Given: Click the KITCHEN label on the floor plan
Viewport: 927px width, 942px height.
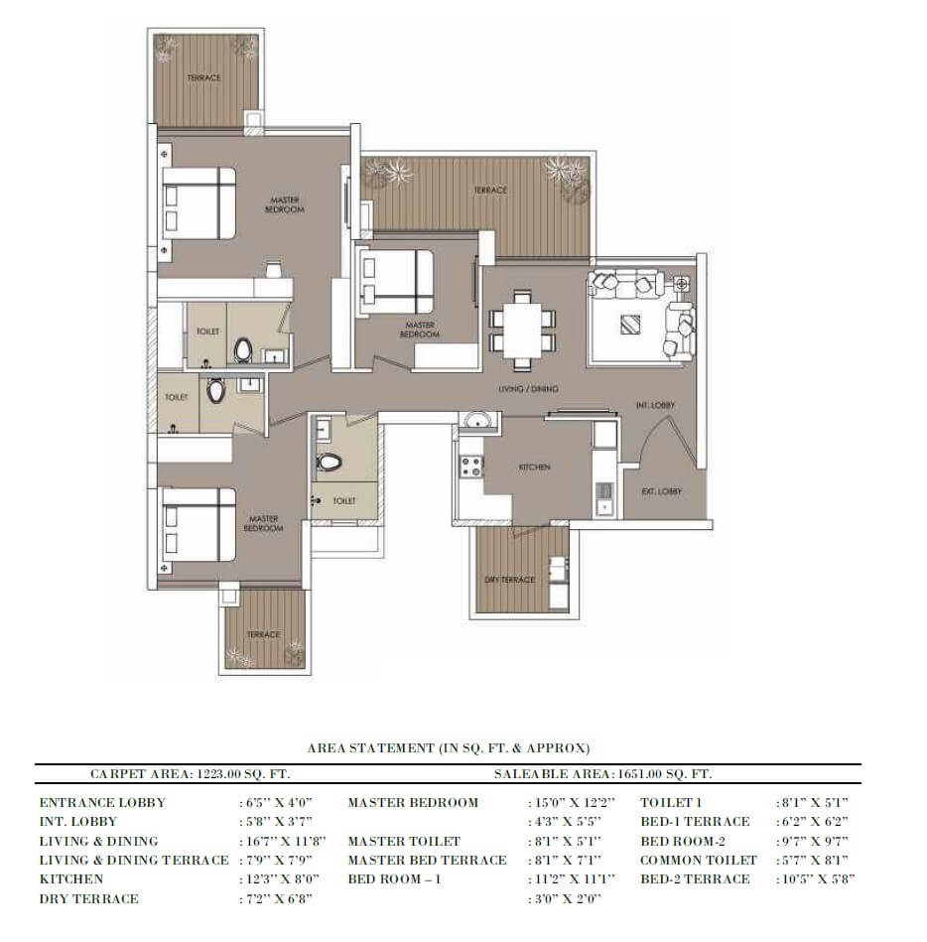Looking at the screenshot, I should tap(533, 467).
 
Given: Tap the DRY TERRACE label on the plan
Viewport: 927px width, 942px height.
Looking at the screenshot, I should tap(509, 580).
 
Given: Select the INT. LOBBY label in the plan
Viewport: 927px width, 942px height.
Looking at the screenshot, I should tap(655, 405).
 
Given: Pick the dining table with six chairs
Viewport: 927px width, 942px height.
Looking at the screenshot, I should tap(521, 325).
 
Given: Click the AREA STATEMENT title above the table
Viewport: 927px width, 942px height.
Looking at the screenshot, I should tap(449, 747).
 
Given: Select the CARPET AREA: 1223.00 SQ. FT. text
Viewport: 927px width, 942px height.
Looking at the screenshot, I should tap(190, 772).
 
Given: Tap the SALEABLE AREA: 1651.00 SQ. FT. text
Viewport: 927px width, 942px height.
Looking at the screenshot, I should tap(602, 772).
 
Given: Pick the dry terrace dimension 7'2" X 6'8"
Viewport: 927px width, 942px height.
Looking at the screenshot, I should tap(273, 899).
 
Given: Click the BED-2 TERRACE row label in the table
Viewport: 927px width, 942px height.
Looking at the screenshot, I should tap(695, 879).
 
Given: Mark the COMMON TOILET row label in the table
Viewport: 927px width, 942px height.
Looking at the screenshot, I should tap(698, 861).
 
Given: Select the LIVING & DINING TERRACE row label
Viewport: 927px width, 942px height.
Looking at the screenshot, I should tap(133, 861).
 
